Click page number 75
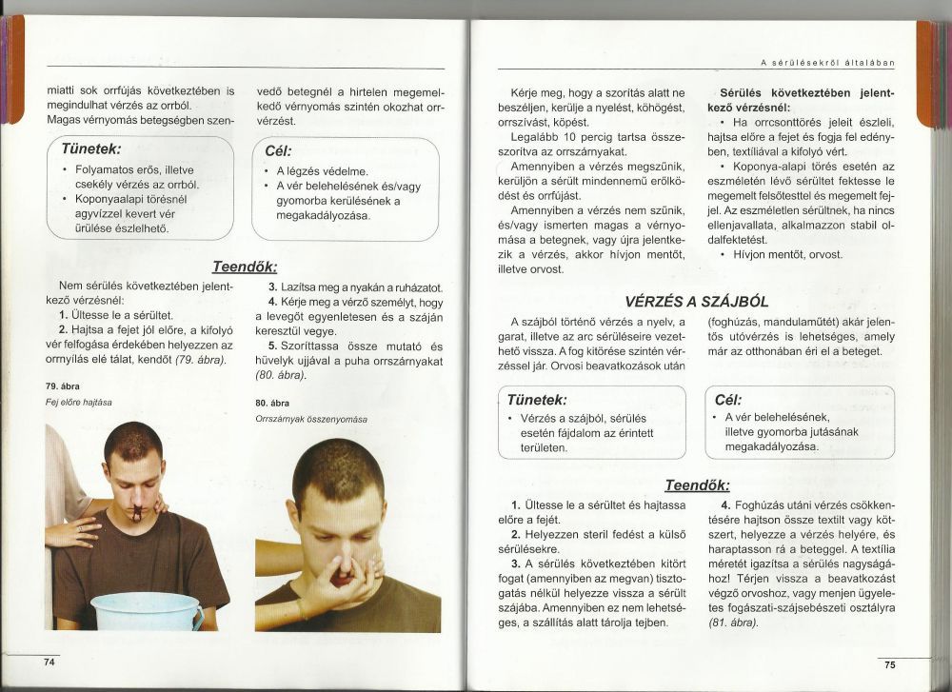(889, 664)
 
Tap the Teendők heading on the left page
(244, 267)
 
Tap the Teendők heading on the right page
(697, 484)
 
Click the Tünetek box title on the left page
(90, 150)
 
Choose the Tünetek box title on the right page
(537, 400)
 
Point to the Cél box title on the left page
(277, 151)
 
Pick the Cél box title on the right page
(726, 400)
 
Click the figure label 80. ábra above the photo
(272, 403)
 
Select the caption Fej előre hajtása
(79, 402)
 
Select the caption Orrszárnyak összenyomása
(310, 419)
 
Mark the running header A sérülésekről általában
(831, 63)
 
